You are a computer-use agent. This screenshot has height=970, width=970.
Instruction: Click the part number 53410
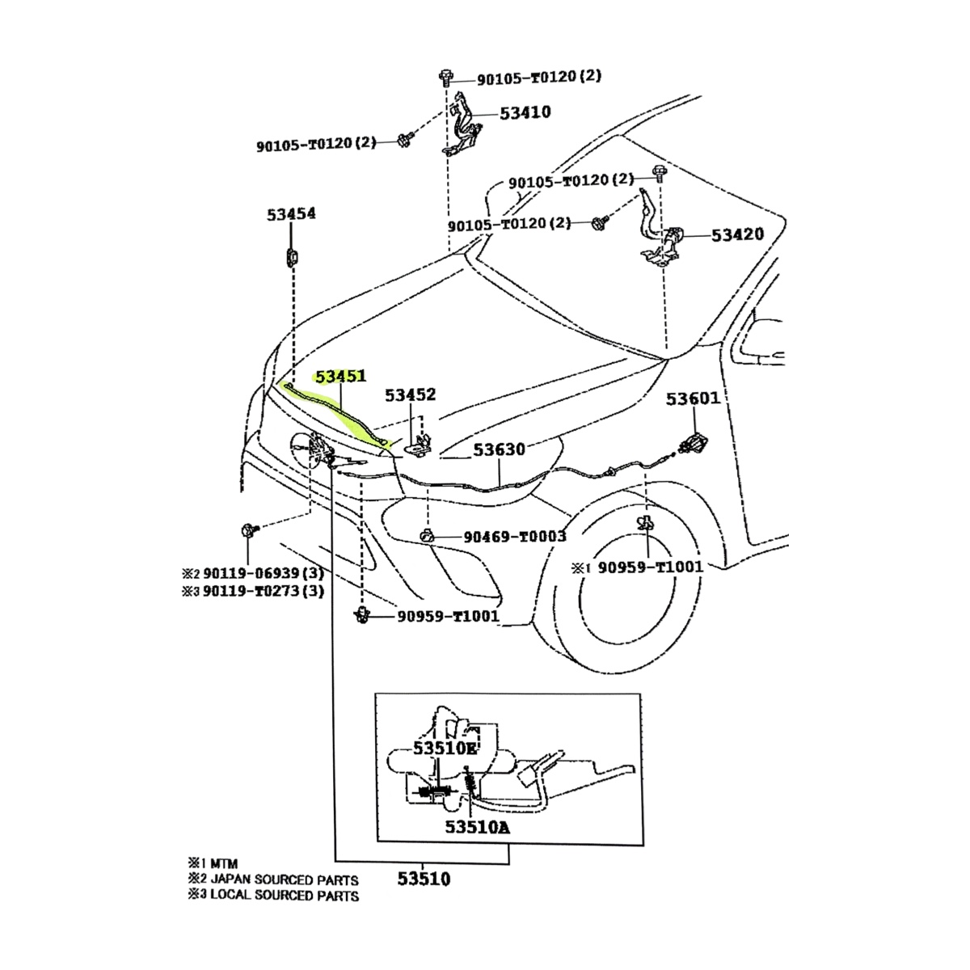(525, 112)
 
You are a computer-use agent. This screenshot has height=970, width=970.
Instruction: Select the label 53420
(737, 235)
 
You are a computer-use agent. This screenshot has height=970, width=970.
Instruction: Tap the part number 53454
(291, 214)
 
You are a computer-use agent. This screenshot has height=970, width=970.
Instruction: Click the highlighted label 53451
(340, 377)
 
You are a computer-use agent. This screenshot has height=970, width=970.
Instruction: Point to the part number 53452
(410, 395)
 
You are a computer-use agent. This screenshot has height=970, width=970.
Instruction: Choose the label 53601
(693, 399)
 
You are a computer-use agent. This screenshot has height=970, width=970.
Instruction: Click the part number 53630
(499, 449)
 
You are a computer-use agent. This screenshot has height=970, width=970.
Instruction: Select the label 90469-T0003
(514, 537)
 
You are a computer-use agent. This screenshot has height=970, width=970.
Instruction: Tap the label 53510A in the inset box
(477, 828)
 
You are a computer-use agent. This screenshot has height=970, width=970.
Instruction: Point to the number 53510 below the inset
(424, 879)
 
